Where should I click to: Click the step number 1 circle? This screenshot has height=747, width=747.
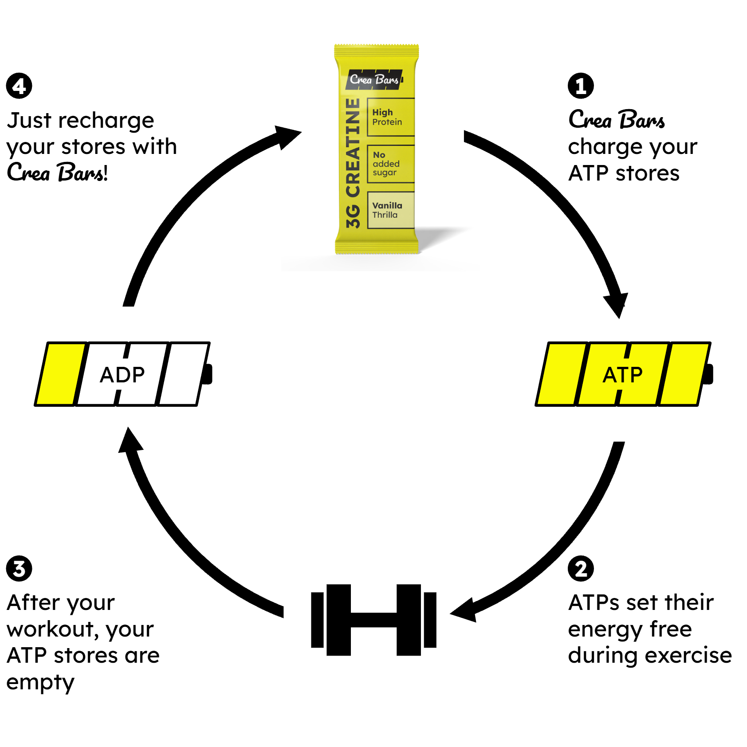pyautogui.click(x=581, y=86)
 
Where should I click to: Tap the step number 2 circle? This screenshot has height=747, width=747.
pyautogui.click(x=581, y=569)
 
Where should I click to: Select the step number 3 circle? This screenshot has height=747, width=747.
pyautogui.click(x=19, y=569)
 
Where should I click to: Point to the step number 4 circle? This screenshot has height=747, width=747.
pyautogui.click(x=19, y=86)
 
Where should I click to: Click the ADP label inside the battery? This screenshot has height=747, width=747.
pyautogui.click(x=122, y=375)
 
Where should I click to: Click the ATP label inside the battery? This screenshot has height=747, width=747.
pyautogui.click(x=622, y=375)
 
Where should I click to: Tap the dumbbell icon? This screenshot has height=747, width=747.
pyautogui.click(x=373, y=620)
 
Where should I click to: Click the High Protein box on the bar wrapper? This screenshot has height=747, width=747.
pyautogui.click(x=391, y=117)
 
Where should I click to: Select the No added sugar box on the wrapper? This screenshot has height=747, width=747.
pyautogui.click(x=391, y=164)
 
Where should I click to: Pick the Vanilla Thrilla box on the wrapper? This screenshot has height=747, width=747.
pyautogui.click(x=391, y=210)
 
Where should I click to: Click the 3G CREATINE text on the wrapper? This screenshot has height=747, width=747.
pyautogui.click(x=353, y=163)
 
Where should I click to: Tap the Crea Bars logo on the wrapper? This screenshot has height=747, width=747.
pyautogui.click(x=374, y=79)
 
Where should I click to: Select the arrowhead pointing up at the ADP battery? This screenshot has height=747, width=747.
pyautogui.click(x=130, y=440)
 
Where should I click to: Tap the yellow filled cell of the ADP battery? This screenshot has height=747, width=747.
pyautogui.click(x=61, y=374)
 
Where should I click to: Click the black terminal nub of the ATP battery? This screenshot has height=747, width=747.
pyautogui.click(x=709, y=374)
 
